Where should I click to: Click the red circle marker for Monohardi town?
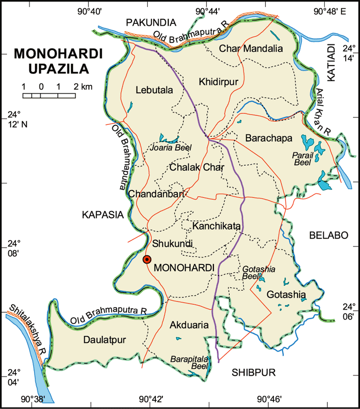(x=146, y=259)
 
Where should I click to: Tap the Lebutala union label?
(x=155, y=90)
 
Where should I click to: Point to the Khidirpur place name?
(x=219, y=82)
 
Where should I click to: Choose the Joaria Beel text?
(x=171, y=147)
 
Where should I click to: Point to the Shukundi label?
(x=172, y=243)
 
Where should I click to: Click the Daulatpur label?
(x=105, y=339)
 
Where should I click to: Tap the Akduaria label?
(x=189, y=325)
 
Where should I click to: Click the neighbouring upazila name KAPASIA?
(x=103, y=214)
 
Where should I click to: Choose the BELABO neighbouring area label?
(x=328, y=235)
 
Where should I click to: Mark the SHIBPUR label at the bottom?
(x=253, y=373)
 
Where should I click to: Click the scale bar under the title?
(x=50, y=95)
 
